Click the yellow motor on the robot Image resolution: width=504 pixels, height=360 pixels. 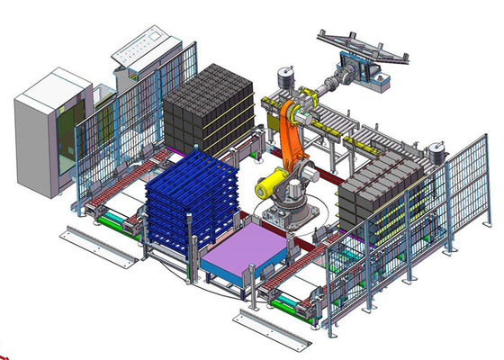coord(269,186)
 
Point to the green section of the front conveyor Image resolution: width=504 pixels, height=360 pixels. coord(292,302)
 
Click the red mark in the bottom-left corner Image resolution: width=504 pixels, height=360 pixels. coord(4,355)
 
